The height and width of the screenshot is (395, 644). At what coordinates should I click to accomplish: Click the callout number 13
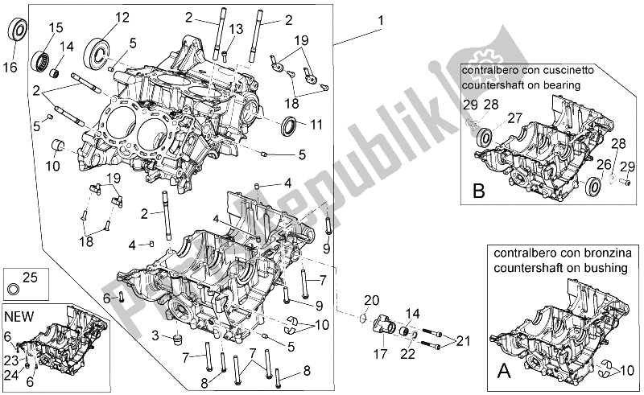point(234,30)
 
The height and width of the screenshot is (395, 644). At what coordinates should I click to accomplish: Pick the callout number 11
point(316,125)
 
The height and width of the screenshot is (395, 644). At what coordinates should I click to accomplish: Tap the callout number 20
point(369,300)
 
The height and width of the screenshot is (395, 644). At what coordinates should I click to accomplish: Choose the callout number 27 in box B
point(514,118)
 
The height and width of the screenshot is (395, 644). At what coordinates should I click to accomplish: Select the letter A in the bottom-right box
point(505,372)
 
